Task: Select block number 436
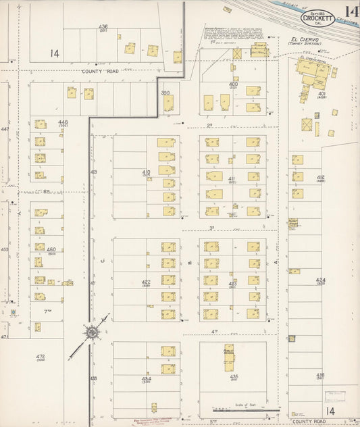click(x=103, y=26)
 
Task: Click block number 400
click(x=233, y=84)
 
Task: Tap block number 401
click(x=322, y=93)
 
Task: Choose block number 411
click(x=232, y=178)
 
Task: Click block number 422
click(x=145, y=282)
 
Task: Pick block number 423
click(x=232, y=283)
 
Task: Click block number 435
click(x=234, y=376)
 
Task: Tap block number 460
click(x=51, y=249)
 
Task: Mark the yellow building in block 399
click(x=168, y=103)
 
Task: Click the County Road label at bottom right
click(x=309, y=420)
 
